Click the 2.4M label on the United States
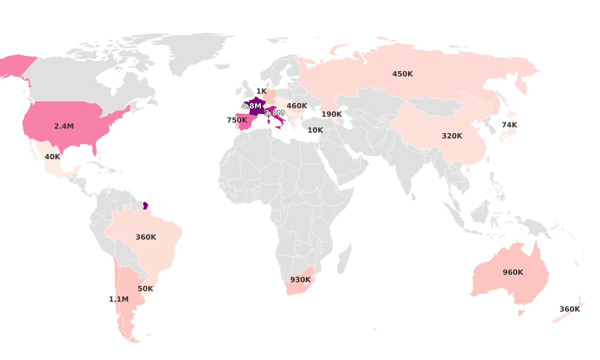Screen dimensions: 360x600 (x=64, y=126)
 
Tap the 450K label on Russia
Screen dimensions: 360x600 (x=402, y=74)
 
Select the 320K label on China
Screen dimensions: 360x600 (x=452, y=136)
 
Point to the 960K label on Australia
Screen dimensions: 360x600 (x=513, y=272)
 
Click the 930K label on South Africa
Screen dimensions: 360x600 (x=300, y=280)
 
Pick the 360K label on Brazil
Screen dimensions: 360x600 (x=146, y=237)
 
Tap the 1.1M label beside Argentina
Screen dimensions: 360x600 (x=119, y=299)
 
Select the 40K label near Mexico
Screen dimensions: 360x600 (x=52, y=157)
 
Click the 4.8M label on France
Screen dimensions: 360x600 (x=251, y=106)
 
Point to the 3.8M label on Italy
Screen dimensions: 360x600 (x=274, y=113)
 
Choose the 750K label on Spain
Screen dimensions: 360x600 (x=237, y=120)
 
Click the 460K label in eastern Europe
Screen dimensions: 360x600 (x=297, y=106)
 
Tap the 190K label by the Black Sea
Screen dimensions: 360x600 (x=331, y=114)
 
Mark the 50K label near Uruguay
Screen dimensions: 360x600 (x=145, y=289)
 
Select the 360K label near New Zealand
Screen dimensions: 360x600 (x=569, y=309)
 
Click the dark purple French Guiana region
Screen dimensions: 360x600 (x=145, y=205)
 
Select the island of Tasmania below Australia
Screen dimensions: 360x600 (x=521, y=313)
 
